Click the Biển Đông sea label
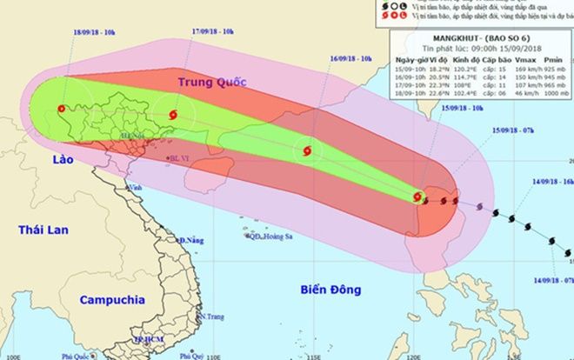click(x=330, y=288)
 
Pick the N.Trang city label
click(x=212, y=317)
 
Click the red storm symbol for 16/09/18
click(x=306, y=150)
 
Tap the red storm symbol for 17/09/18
click(x=170, y=114)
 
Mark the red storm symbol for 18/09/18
click(x=60, y=110)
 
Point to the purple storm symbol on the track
click(x=479, y=205)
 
